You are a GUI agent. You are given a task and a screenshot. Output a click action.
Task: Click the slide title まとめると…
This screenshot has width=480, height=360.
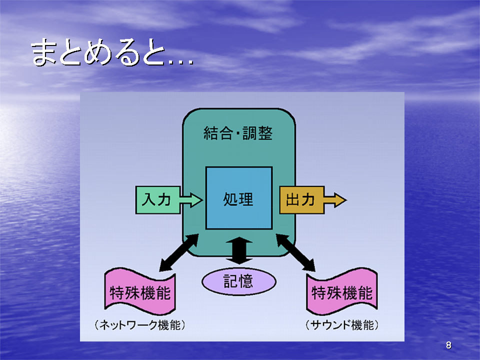(112, 52)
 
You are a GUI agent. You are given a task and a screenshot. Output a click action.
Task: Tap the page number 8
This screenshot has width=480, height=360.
(448, 345)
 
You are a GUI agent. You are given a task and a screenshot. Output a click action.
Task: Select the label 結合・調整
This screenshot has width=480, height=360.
(238, 133)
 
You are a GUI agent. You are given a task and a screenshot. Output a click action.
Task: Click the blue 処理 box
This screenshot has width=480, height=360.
(239, 198)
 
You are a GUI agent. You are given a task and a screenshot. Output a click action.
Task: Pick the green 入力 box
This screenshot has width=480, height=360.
(157, 200)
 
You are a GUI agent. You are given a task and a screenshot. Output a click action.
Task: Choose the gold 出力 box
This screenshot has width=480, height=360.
(302, 200)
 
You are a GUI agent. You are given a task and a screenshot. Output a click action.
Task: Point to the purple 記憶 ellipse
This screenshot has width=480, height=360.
(239, 281)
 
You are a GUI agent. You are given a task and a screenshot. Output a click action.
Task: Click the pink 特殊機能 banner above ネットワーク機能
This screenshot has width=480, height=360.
(140, 291)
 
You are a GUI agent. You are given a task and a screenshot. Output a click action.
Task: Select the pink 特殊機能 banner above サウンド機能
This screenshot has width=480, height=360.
(342, 291)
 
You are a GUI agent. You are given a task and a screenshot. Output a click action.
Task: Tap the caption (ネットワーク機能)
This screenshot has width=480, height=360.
(140, 325)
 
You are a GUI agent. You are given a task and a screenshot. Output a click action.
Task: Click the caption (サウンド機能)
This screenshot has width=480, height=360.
(342, 325)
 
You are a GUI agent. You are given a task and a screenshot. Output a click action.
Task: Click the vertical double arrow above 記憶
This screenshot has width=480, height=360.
(239, 250)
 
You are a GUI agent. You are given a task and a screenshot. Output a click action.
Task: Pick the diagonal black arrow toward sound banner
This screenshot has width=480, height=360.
(295, 252)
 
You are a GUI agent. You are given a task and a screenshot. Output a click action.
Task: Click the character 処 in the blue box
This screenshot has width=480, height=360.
(230, 199)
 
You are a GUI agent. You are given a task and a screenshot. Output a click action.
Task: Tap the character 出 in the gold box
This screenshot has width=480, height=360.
(293, 200)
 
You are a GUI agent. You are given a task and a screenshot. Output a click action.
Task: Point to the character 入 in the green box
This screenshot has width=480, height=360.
(149, 200)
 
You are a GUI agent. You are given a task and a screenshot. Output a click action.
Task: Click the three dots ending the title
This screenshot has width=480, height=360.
(181, 62)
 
